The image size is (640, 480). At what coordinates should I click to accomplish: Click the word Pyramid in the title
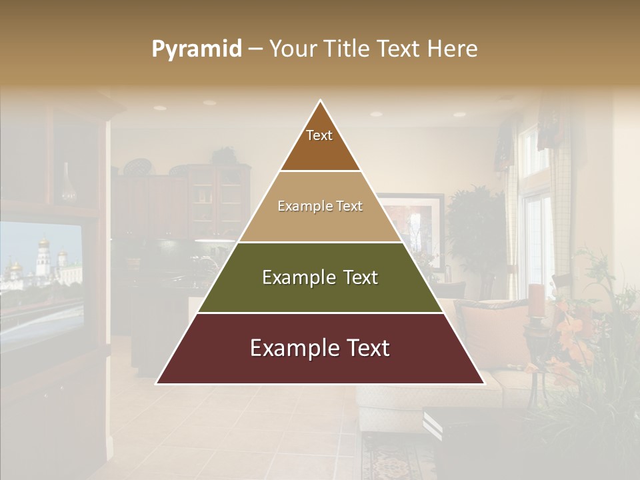point(197,49)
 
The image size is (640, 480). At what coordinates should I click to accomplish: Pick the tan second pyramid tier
point(320,207)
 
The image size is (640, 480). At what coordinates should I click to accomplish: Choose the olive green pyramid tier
point(320,277)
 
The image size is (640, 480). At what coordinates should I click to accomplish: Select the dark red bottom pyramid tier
point(320,349)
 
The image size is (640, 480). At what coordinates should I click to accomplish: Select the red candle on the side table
point(536,300)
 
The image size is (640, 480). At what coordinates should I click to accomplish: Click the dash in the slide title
point(255,49)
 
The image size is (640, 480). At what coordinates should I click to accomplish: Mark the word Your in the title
point(293,49)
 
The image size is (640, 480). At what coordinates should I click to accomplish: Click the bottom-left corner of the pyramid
point(157,383)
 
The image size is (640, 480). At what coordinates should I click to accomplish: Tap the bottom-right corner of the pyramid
point(484,383)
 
